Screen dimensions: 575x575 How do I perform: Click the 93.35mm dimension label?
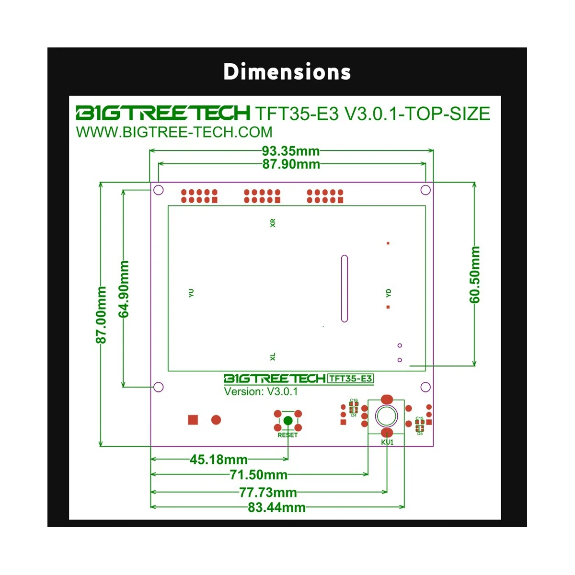290,151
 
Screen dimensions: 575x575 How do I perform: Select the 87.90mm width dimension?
291,164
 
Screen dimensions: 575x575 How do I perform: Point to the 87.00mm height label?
102,315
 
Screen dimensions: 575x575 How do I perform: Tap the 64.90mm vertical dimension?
124,289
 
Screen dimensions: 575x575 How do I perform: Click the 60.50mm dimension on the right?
475,275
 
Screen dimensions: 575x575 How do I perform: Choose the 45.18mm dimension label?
218,460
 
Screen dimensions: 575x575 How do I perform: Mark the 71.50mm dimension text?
258,475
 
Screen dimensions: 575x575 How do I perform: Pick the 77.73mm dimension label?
268,492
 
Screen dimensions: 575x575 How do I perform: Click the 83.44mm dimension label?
276,507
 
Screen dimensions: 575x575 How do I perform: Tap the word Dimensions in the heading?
287,72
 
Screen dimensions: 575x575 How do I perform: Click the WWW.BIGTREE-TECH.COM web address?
174,132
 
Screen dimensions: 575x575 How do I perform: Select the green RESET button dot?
287,421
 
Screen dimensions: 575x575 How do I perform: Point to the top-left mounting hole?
159,190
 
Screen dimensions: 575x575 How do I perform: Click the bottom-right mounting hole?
425,387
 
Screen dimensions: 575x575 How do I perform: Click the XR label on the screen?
273,223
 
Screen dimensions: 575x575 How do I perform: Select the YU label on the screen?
191,293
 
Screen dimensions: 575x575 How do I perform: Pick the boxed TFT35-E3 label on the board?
351,379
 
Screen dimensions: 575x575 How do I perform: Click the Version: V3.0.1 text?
261,391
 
